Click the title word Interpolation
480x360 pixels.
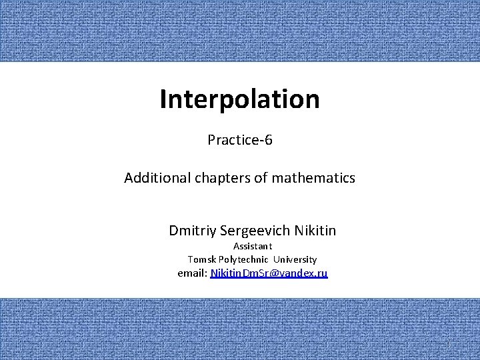pos(240,99)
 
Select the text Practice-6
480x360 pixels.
pos(240,140)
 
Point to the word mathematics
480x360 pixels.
pos(313,179)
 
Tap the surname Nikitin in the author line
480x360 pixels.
pos(315,231)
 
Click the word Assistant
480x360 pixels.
pos(253,246)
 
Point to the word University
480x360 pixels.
pos(295,259)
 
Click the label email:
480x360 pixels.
pos(193,273)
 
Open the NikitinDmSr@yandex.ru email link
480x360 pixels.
pos(269,273)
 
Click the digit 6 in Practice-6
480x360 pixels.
pos(269,140)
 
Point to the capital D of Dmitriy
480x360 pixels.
pos(173,231)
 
